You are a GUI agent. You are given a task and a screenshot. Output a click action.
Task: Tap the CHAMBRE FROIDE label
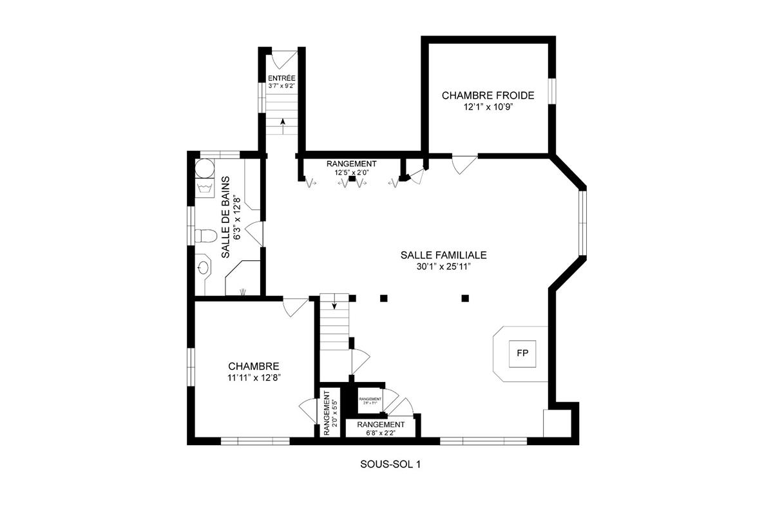488,95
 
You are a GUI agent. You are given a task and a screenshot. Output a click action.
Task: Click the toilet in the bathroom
205,236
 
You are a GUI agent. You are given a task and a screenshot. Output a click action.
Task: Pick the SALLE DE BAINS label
226,217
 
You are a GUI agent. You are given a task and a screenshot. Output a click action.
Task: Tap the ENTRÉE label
282,78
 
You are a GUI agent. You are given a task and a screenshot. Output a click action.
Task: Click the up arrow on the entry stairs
282,123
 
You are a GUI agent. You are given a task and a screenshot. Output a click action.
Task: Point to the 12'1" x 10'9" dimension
488,108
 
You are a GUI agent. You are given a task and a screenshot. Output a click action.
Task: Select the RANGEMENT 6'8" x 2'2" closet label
381,425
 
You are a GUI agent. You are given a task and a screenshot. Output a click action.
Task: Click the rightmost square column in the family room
465,298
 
